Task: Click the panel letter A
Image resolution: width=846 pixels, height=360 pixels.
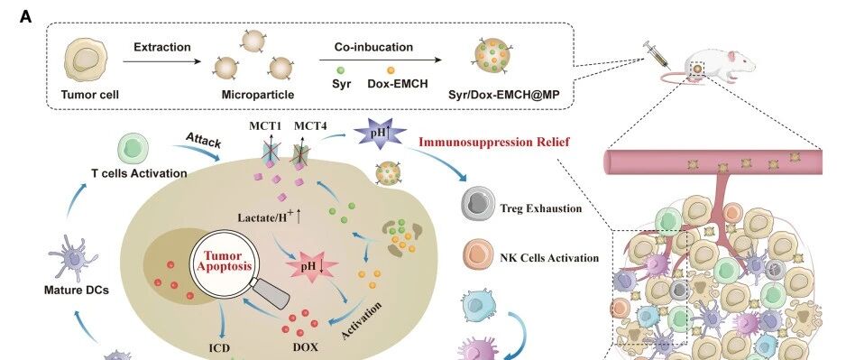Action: (x=25, y=17)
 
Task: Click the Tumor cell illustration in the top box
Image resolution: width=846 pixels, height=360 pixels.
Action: (x=86, y=60)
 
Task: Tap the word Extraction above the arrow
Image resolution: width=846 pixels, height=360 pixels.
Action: (x=161, y=47)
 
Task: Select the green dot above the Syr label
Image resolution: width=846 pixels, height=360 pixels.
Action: (x=340, y=70)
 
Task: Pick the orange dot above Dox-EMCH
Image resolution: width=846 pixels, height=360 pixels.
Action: (x=391, y=70)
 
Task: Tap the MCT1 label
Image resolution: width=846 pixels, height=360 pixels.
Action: (x=264, y=126)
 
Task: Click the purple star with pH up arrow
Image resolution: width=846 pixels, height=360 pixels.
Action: (x=380, y=133)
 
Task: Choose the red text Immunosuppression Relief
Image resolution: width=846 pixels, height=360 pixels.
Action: (x=493, y=143)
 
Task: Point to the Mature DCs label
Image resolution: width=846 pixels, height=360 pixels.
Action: (x=77, y=291)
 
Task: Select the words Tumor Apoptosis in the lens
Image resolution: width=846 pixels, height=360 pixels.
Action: (x=224, y=261)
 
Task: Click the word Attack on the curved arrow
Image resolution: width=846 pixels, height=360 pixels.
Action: (x=204, y=141)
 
